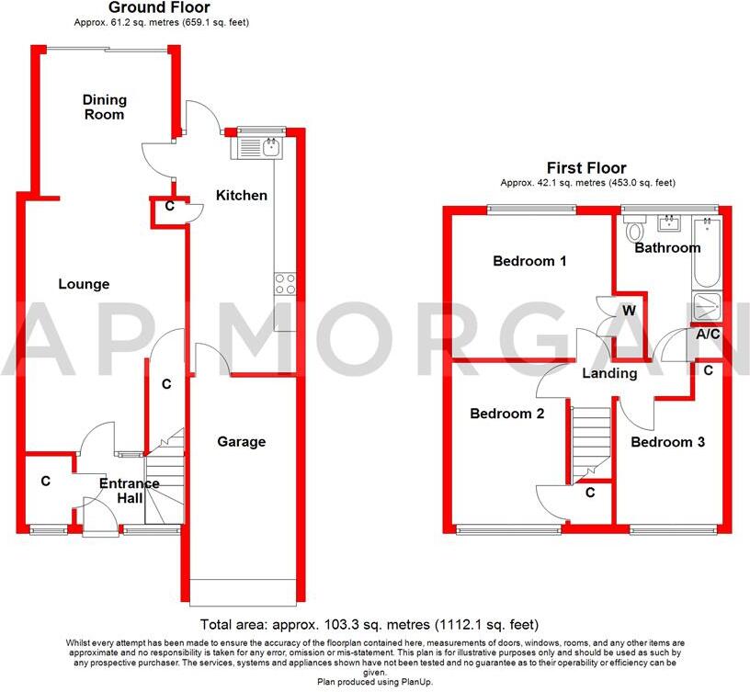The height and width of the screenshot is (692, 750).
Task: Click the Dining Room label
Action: coord(104,108)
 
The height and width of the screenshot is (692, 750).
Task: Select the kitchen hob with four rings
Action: coord(285,284)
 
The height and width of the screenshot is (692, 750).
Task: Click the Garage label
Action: coord(241,442)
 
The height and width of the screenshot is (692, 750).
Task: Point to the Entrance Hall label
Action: coord(130,491)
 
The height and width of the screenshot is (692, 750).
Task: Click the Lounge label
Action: coord(84,285)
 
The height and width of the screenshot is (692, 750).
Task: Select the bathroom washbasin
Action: coord(669,221)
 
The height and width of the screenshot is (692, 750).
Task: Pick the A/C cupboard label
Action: coord(708,335)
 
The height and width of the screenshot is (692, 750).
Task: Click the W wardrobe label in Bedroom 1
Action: coord(630,311)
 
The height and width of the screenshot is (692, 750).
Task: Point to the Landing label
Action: coord(609,373)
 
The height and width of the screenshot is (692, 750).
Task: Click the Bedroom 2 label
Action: coord(506,414)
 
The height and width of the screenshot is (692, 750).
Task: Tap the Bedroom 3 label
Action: coord(667,442)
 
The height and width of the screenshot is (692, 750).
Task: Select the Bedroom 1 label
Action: coord(529,261)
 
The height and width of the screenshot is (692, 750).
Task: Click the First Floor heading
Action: coord(586,168)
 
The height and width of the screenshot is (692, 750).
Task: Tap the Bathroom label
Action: coord(667,248)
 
